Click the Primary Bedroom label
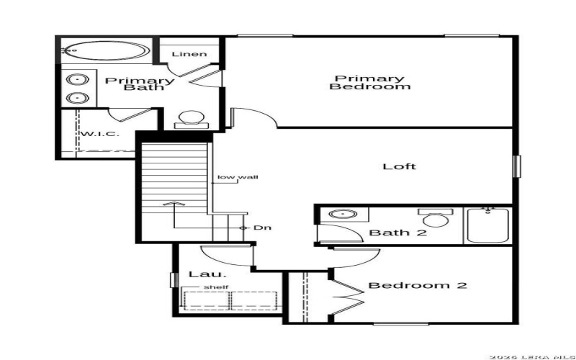coord(370,82)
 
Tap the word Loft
coord(399,166)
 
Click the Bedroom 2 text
coord(418,286)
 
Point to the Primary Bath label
coord(139,84)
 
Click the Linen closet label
coord(189,54)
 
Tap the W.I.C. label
coord(98,135)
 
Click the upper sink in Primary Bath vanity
coord(75,80)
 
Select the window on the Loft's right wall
coord(516,166)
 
